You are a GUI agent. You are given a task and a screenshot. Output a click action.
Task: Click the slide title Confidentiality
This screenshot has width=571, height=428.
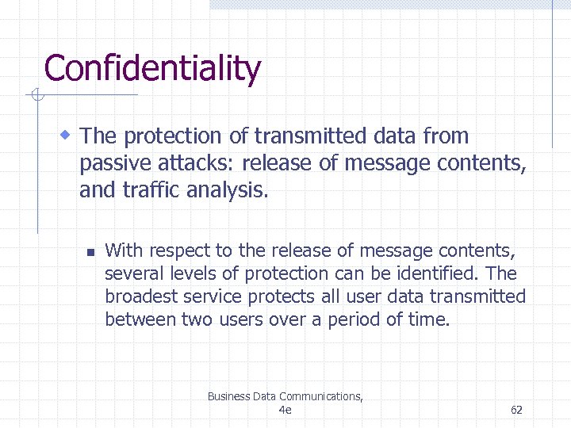click(152, 69)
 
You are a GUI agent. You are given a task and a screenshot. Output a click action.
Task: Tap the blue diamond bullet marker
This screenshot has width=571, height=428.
click(66, 134)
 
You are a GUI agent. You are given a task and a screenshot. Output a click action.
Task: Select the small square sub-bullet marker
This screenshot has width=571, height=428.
click(90, 253)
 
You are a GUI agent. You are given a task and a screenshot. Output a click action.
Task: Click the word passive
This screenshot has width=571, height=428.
click(113, 164)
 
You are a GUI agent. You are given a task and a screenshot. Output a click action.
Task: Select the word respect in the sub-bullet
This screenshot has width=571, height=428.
click(178, 251)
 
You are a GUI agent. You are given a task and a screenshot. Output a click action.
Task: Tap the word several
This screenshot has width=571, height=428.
click(132, 274)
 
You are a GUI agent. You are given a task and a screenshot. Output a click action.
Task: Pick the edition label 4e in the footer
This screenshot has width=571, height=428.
click(285, 410)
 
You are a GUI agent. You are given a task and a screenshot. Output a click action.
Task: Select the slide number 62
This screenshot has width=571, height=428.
click(516, 410)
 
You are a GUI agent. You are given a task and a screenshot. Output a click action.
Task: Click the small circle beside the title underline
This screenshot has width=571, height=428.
click(36, 96)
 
